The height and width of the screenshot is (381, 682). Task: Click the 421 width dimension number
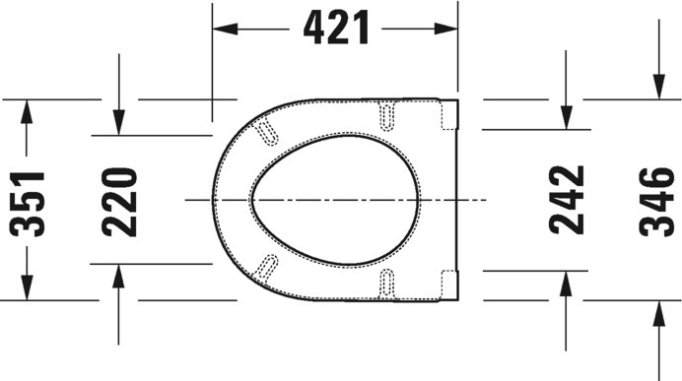pos(336,28)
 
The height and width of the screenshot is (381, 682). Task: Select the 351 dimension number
pos(27,204)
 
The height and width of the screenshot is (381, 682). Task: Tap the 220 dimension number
pos(119,202)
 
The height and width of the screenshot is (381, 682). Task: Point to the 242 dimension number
pos(567,200)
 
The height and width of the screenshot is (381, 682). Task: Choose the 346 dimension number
pos(656,202)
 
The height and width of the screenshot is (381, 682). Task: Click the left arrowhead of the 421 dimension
pos(225,30)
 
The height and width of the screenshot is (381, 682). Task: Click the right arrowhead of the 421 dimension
pos(445,30)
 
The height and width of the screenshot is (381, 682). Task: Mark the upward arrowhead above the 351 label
pos(27,111)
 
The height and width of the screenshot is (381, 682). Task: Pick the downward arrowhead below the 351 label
pos(27,287)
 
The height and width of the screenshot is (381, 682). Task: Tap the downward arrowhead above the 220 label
pos(118,123)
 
